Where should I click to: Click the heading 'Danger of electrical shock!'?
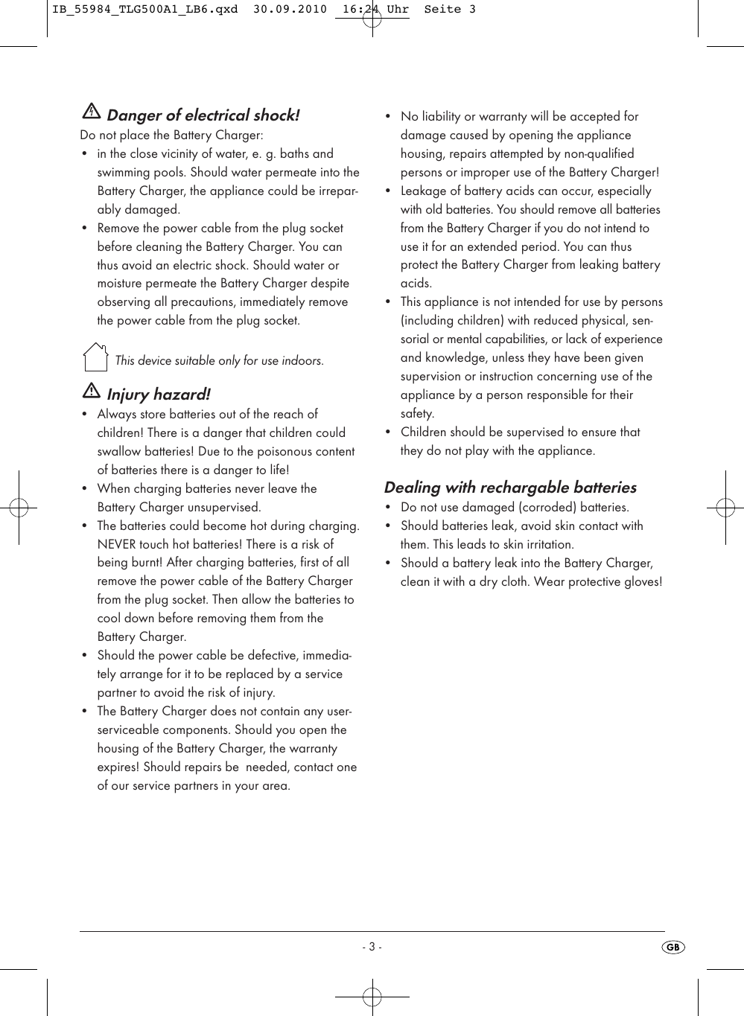203,115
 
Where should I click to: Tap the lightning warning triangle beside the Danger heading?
91,112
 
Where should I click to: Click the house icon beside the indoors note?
95,357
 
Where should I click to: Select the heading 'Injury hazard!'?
158,394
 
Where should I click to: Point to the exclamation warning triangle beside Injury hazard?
91,391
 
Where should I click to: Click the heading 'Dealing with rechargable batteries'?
510,488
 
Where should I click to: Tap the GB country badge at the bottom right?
673,947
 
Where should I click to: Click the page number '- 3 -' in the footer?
372,947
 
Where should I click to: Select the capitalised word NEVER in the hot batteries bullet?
117,544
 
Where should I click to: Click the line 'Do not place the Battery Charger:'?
171,135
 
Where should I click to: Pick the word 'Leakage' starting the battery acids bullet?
424,191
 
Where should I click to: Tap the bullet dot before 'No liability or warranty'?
387,117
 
